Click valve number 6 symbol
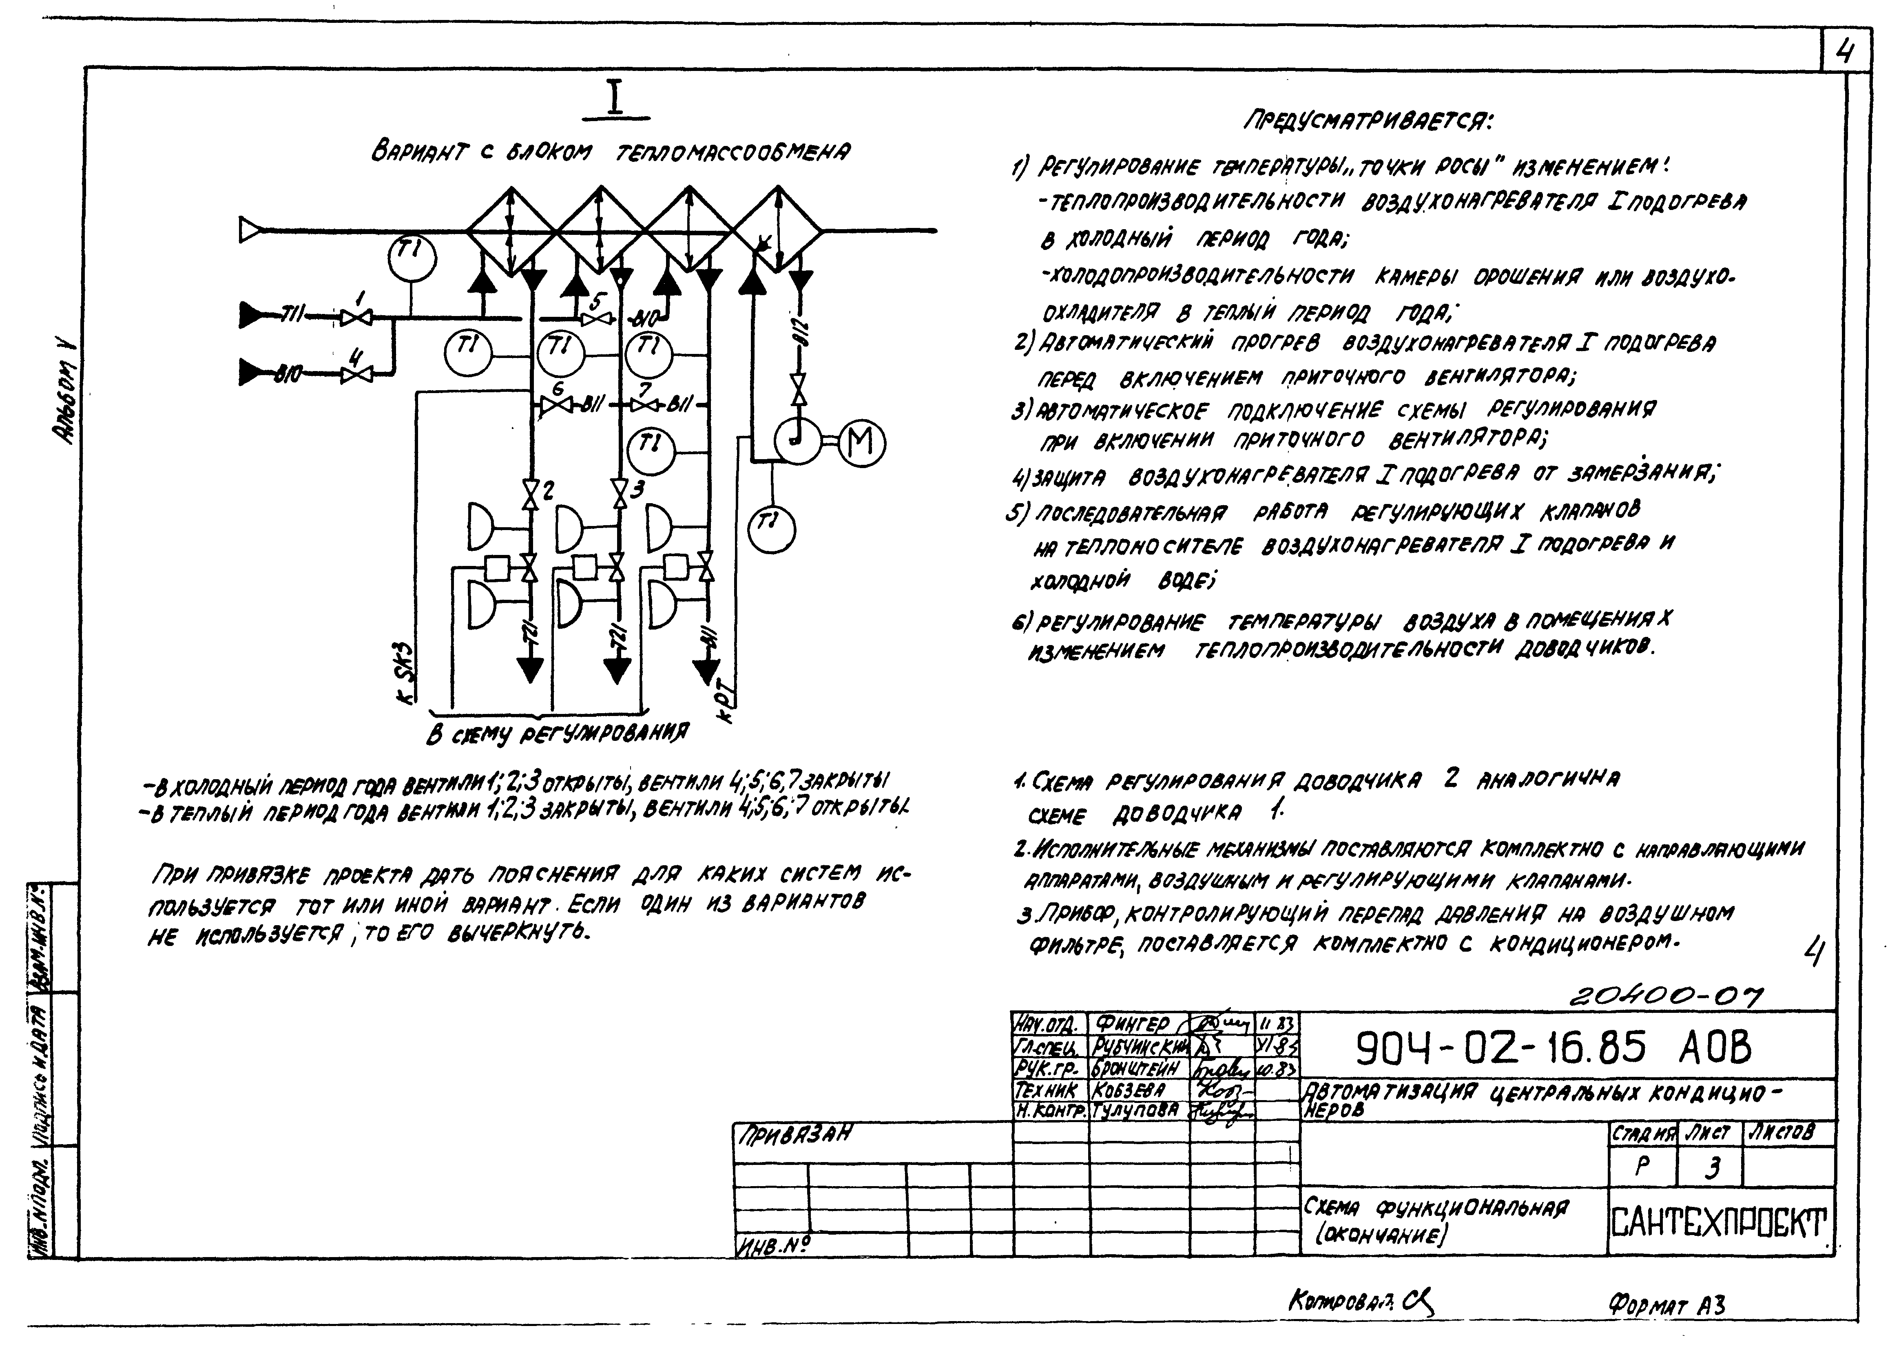point(553,406)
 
